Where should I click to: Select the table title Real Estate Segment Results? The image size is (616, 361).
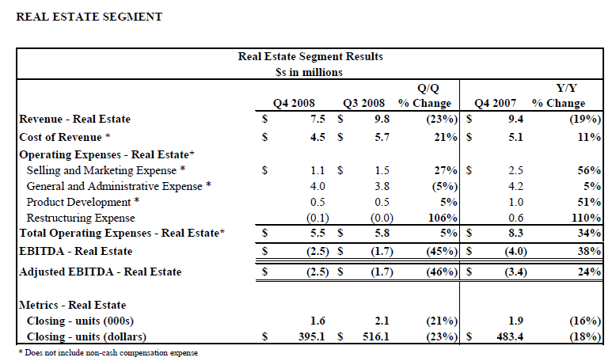pos(310,57)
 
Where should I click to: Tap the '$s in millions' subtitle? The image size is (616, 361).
pos(310,72)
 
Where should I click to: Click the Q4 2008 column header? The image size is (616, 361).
pos(295,103)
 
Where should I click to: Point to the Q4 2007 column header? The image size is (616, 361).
pos(496,103)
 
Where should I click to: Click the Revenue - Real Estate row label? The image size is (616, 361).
pos(74,120)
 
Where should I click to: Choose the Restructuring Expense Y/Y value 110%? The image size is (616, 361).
pos(586,217)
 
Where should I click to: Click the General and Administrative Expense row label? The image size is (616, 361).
pos(119,186)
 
